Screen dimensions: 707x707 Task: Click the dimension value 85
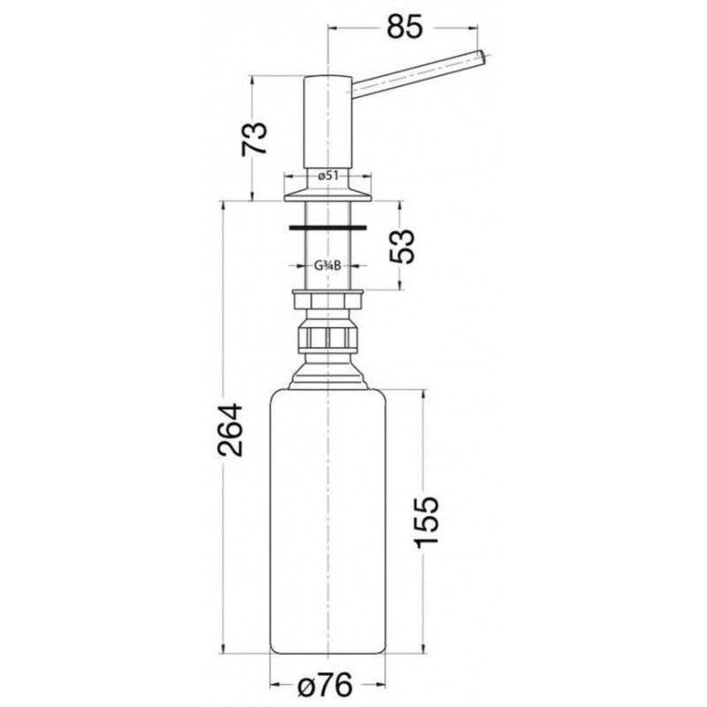coord(405,27)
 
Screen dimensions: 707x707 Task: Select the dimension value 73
coord(255,139)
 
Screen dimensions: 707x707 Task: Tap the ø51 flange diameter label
coord(328,176)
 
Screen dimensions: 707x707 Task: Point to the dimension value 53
coord(401,247)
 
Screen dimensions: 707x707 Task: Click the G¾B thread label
coord(327,267)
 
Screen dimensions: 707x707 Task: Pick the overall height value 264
coord(230,430)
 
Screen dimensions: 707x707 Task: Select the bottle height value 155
coord(426,522)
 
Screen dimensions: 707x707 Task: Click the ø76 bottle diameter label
coord(325,687)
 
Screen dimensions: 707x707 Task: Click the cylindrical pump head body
coord(327,123)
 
